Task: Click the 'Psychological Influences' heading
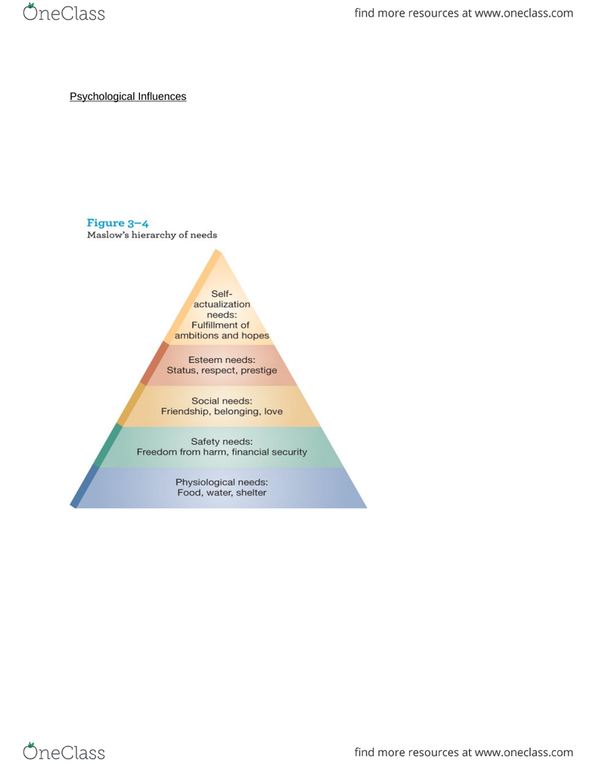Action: click(x=128, y=96)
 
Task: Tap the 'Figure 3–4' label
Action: click(x=118, y=223)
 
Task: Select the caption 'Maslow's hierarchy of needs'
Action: click(x=152, y=235)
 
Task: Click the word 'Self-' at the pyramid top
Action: click(x=222, y=294)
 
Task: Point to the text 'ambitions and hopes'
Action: click(x=222, y=336)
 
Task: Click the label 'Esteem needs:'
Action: click(x=222, y=360)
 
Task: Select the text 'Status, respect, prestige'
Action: click(x=222, y=370)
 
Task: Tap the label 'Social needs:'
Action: click(x=222, y=401)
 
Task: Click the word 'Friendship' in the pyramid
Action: click(x=185, y=412)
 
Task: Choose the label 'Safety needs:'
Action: click(x=222, y=442)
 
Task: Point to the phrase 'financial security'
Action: click(x=269, y=452)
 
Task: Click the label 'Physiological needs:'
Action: click(x=222, y=482)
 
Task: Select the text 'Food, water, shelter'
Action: click(x=222, y=493)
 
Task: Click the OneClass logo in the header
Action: click(x=64, y=12)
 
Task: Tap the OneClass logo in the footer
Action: click(x=64, y=752)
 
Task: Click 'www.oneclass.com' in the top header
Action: click(x=524, y=13)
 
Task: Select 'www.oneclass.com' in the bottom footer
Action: click(x=524, y=752)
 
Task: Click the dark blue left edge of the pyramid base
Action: click(x=85, y=486)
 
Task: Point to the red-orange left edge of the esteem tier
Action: click(x=154, y=363)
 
